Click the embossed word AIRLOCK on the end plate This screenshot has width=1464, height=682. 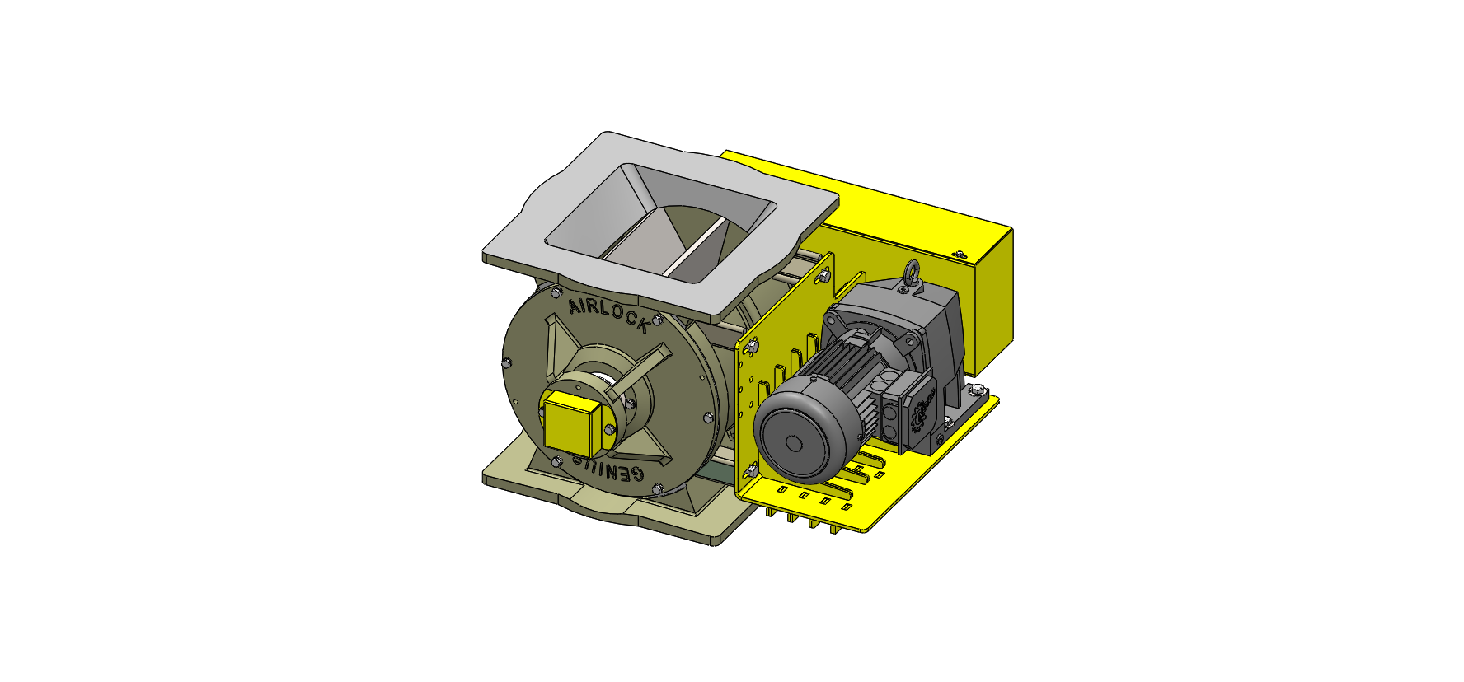pyautogui.click(x=608, y=315)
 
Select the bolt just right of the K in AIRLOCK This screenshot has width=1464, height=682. pyautogui.click(x=657, y=320)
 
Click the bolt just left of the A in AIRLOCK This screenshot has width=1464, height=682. pyautogui.click(x=555, y=292)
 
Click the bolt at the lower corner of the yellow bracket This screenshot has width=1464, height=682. pyautogui.click(x=752, y=470)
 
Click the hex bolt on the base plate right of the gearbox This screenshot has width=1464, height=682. pyautogui.click(x=977, y=389)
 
